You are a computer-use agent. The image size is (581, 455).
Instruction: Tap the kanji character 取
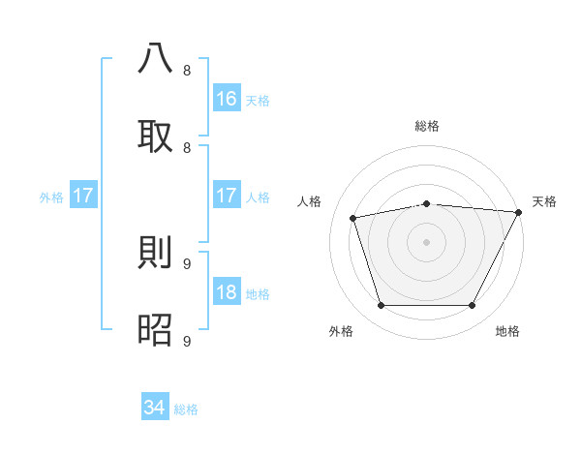tap(156, 136)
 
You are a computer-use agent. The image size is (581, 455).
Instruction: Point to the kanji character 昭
tap(156, 330)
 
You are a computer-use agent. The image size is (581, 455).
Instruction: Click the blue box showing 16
tap(227, 98)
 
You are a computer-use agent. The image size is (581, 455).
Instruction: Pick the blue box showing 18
tap(227, 292)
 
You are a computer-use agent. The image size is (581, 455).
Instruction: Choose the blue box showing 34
tap(155, 408)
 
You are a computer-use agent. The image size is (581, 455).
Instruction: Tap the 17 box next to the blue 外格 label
tap(83, 196)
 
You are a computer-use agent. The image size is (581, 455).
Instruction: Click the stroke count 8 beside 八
tap(187, 70)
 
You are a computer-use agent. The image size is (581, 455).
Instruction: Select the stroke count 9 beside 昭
tap(187, 341)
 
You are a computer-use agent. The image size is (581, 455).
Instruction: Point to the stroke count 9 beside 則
tap(187, 263)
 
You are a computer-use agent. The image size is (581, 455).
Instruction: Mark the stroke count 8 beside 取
tap(187, 147)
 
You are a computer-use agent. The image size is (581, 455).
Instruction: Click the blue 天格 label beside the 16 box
tap(258, 100)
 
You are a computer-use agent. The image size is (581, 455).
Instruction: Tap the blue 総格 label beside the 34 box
tap(186, 409)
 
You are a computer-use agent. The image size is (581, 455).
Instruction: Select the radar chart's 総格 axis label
tap(426, 126)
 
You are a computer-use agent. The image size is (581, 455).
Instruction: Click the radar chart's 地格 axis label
tap(507, 331)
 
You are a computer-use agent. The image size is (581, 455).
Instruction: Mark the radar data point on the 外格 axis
tap(381, 306)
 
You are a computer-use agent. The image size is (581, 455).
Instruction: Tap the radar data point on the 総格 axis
tap(426, 203)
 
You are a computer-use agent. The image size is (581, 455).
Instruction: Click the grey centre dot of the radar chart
tap(426, 242)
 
